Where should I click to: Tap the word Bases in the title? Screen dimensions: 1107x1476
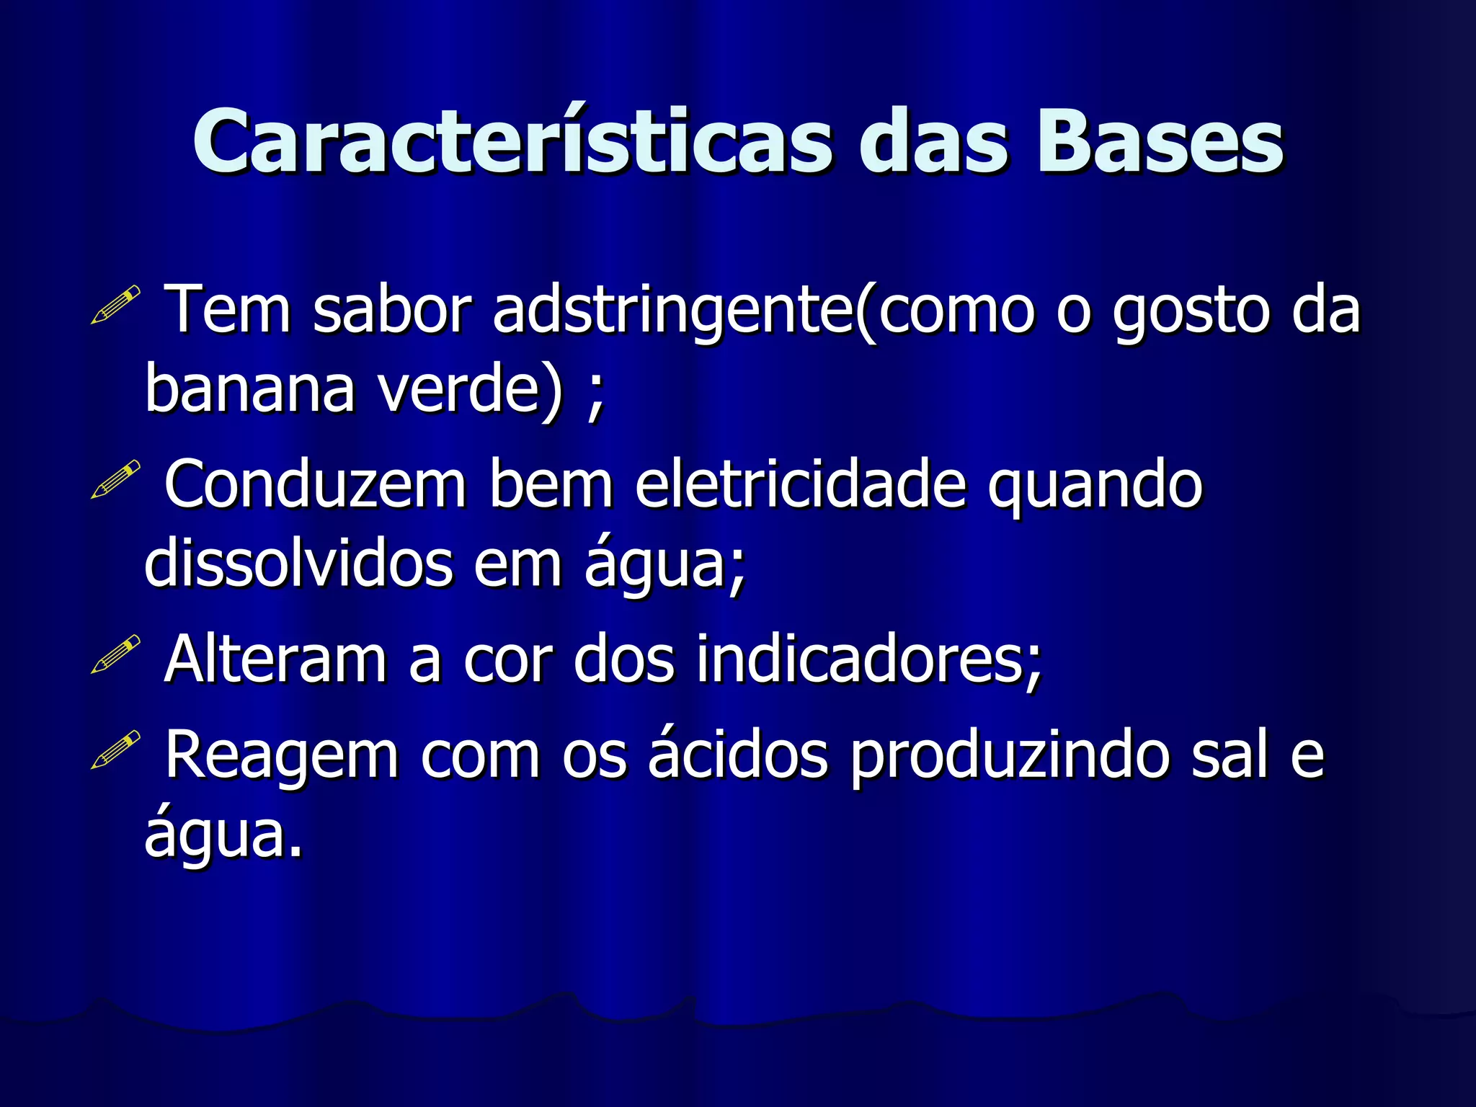point(1160,142)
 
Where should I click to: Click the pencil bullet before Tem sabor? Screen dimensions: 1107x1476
point(115,305)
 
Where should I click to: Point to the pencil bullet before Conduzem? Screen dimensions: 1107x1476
point(115,480)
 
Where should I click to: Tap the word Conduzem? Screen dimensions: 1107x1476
point(316,485)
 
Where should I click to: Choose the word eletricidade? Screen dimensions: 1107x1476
point(800,485)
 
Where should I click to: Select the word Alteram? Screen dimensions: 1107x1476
point(275,659)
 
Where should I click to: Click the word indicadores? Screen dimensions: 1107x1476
point(869,659)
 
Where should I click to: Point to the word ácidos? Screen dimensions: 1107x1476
point(737,754)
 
